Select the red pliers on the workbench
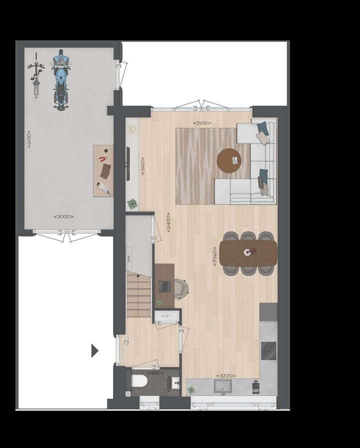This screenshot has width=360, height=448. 103,159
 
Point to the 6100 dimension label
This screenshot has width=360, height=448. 29,138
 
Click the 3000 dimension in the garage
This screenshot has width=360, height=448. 63,216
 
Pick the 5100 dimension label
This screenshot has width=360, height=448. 202,122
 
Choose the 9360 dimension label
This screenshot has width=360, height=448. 214,254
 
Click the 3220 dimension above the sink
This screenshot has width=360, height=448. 225,375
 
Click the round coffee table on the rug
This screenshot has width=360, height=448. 229,160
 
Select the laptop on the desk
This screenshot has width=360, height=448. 164,286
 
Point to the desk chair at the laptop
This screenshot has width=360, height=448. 180,287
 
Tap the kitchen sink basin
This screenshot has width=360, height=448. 222,385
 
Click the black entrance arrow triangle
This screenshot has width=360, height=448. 94,351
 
